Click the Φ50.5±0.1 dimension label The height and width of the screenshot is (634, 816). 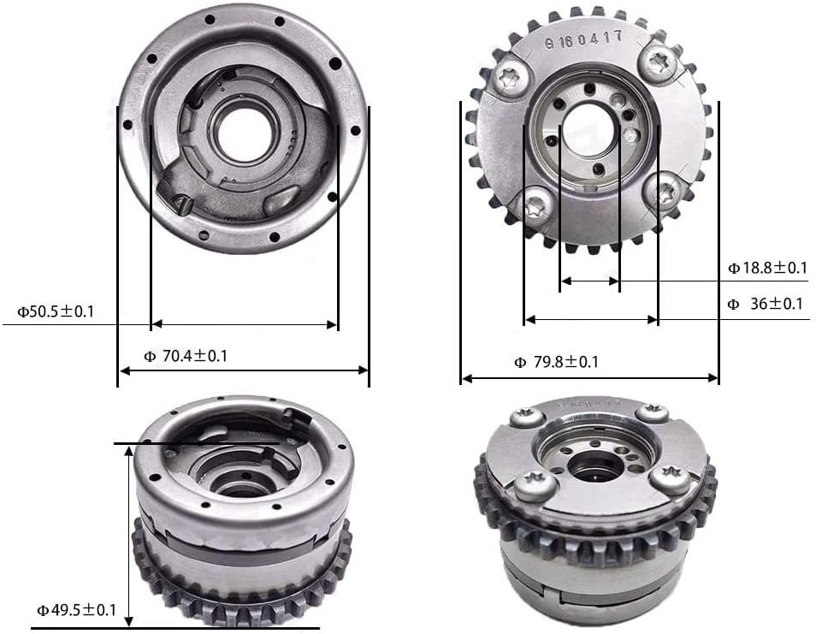coord(56,311)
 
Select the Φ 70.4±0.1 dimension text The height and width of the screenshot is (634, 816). coord(185,356)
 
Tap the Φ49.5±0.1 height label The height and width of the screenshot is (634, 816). coord(75,610)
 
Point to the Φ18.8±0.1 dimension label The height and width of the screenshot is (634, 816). coord(767,268)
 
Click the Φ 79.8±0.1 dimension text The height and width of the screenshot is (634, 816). coord(556,362)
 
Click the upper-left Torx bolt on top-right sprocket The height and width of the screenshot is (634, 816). coord(510,76)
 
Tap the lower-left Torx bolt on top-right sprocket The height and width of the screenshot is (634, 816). coord(535,204)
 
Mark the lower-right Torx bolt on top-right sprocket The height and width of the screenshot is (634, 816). coord(665,191)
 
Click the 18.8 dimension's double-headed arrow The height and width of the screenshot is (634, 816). coord(589,280)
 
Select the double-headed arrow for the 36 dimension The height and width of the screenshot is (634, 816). coord(591,319)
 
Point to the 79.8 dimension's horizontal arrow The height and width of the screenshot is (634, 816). coord(589,377)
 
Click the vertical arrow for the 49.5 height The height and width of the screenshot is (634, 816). coord(128,536)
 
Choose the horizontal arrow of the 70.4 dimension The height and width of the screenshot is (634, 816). coord(243,370)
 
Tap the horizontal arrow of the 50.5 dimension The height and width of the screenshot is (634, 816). coord(244,324)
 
